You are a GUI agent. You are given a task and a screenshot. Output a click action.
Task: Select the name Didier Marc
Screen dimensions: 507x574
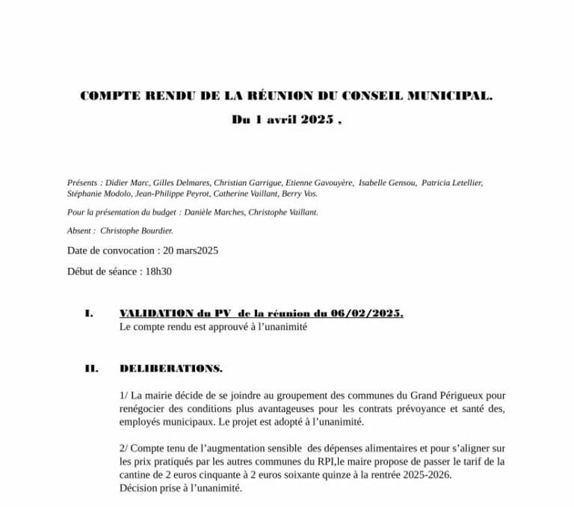point(125,182)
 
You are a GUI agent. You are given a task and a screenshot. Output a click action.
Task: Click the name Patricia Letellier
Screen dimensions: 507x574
point(452,182)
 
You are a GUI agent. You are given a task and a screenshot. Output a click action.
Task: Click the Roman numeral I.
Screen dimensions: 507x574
point(89,313)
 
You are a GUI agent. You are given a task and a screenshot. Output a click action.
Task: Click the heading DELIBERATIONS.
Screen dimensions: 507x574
point(170,369)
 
